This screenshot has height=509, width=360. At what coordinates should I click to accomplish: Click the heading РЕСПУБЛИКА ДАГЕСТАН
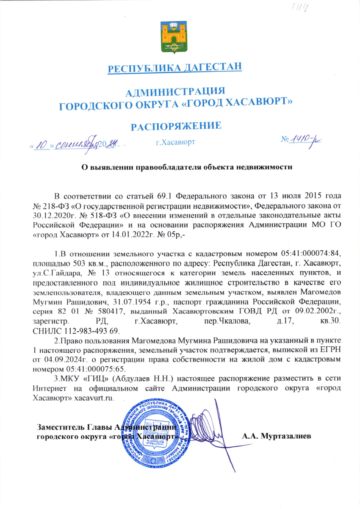(175, 68)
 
